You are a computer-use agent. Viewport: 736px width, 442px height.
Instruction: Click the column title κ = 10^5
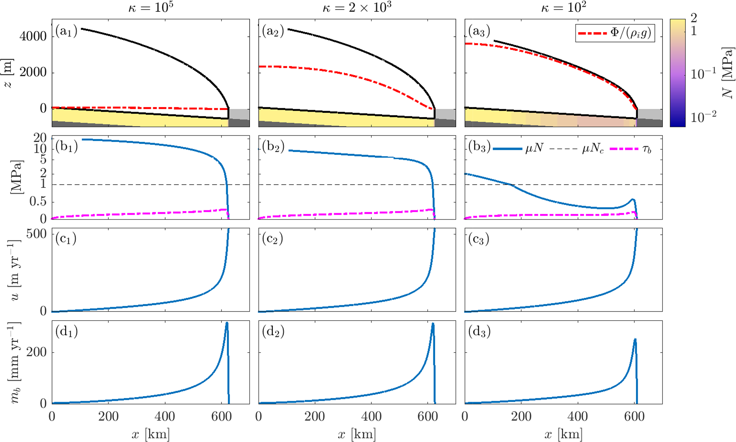tap(151, 8)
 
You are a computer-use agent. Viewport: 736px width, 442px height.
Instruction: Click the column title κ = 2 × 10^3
tap(357, 8)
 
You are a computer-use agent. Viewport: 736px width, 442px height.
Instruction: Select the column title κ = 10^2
tap(563, 8)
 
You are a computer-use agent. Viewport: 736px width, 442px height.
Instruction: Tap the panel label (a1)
tap(66, 31)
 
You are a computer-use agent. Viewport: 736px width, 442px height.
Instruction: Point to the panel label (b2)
tap(273, 147)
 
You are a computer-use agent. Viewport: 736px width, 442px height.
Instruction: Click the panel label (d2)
tap(273, 332)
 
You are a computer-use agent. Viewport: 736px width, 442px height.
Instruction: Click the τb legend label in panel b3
tap(647, 149)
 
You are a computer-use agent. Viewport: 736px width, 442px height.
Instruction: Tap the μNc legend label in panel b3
tap(593, 149)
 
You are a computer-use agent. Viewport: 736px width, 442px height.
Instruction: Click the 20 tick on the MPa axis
tap(40, 138)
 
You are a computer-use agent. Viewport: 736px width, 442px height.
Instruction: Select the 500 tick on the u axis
tap(37, 234)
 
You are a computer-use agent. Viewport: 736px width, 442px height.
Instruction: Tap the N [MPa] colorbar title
tap(728, 73)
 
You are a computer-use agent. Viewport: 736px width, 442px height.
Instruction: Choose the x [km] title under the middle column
tap(357, 434)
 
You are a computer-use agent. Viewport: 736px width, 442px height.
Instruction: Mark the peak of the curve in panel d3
tap(635, 339)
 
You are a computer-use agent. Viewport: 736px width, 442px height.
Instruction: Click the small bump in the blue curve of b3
tap(632, 199)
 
